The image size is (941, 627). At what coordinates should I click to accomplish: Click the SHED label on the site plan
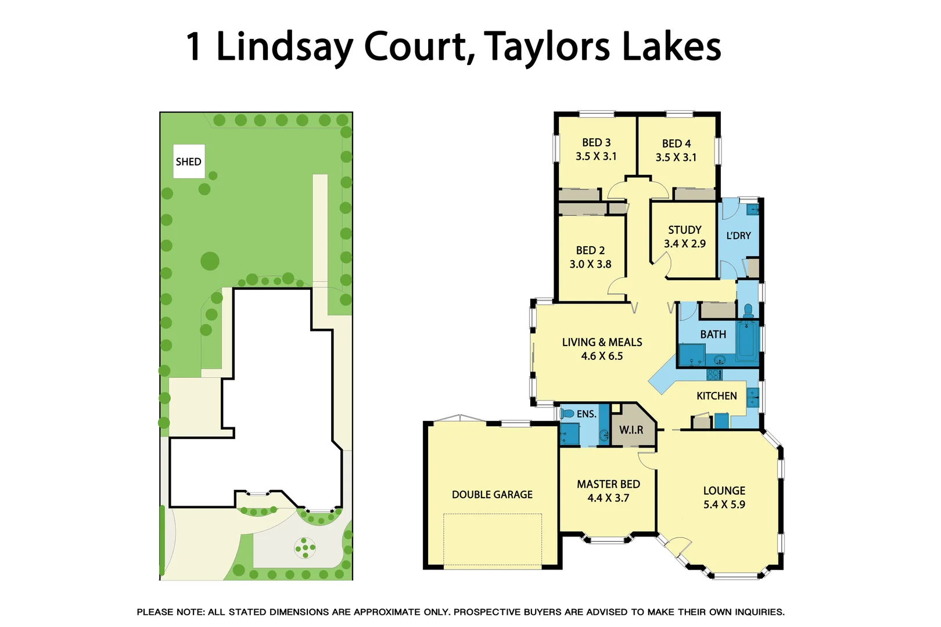[x=188, y=161]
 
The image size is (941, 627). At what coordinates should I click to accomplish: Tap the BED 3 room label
[x=596, y=143]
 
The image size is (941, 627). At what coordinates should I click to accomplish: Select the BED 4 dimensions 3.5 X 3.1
[x=676, y=157]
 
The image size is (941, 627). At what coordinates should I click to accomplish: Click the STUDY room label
[x=684, y=230]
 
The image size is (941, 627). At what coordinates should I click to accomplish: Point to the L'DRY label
[x=738, y=236]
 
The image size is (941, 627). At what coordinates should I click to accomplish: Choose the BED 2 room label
[x=590, y=250]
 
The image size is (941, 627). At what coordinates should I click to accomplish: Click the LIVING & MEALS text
[x=602, y=343]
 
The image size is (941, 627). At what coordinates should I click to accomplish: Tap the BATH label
[x=713, y=334]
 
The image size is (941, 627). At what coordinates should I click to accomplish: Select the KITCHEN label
[x=716, y=396]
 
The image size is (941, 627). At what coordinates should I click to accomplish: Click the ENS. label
[x=586, y=414]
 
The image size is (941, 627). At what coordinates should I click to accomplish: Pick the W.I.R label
[x=631, y=430]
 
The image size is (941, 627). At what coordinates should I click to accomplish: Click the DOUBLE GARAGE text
[x=492, y=495]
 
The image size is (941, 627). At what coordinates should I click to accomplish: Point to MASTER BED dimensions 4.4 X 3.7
[x=608, y=498]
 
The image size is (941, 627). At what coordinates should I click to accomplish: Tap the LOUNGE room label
[x=724, y=491]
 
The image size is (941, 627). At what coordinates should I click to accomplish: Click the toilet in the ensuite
[x=567, y=414]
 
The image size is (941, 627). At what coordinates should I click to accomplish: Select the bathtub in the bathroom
[x=747, y=339]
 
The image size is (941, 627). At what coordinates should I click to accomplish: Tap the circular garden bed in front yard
[x=305, y=547]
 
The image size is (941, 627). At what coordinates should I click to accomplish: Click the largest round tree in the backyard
[x=210, y=261]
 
